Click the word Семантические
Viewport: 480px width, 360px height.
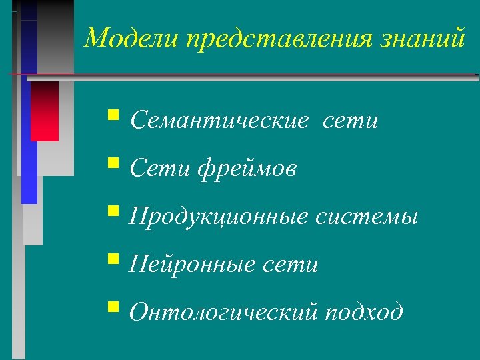point(220,121)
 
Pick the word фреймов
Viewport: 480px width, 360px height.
point(247,169)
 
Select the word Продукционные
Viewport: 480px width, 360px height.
point(219,217)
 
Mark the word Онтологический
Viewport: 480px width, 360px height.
point(225,312)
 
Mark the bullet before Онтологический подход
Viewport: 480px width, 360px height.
point(113,309)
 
